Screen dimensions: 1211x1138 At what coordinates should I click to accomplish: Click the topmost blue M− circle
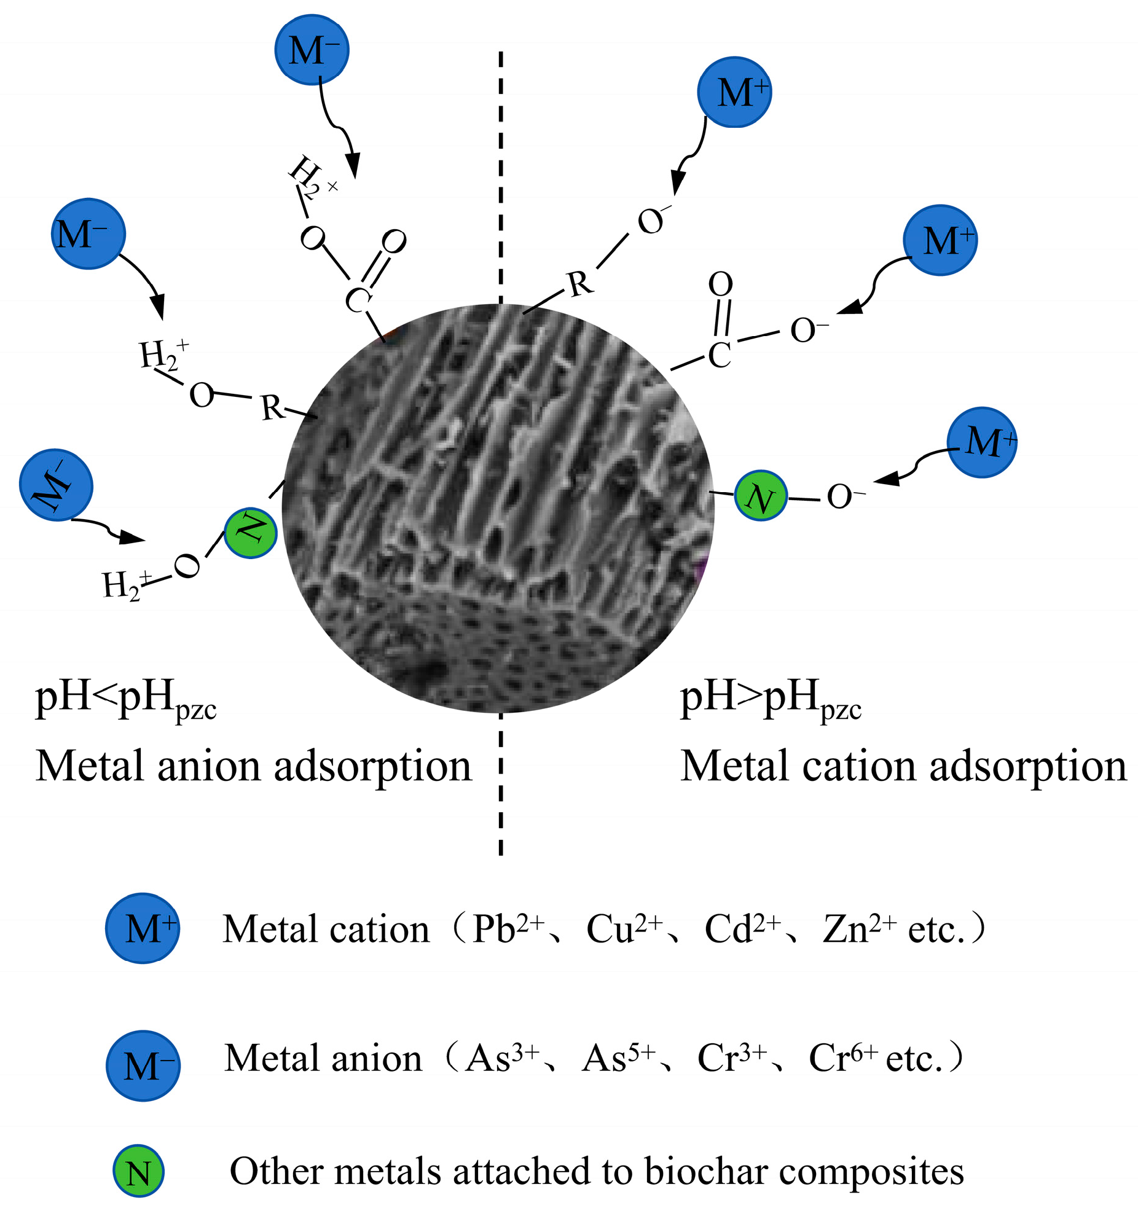tap(312, 50)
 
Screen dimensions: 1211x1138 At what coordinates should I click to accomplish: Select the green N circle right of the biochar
tap(760, 495)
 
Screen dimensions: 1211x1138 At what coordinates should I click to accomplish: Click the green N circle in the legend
tap(138, 1171)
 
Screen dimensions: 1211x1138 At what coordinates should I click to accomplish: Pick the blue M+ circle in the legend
tap(143, 928)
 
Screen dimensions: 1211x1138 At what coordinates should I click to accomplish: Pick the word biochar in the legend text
tap(707, 1171)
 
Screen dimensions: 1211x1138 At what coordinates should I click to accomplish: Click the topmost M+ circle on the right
tap(734, 92)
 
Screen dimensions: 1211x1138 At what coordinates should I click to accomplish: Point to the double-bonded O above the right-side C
tap(721, 284)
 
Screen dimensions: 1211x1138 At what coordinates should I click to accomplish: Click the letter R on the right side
tap(580, 284)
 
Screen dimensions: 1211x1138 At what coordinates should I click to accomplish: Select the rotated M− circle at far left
tap(57, 485)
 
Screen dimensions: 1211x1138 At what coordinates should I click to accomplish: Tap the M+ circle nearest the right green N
tap(982, 442)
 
